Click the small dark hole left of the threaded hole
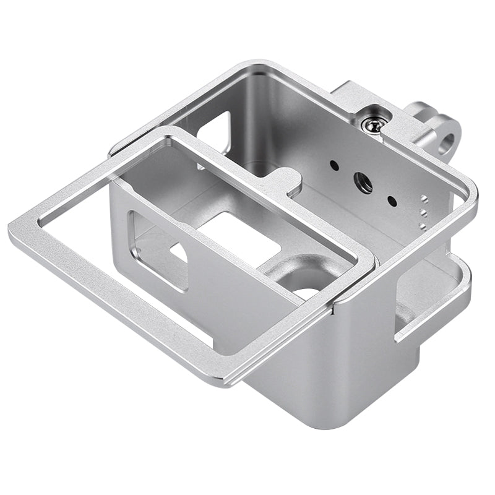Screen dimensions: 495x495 click(334, 166)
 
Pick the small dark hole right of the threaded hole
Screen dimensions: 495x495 click(391, 200)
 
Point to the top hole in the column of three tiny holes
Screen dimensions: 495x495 click(424, 199)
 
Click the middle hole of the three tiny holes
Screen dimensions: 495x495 click(423, 211)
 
